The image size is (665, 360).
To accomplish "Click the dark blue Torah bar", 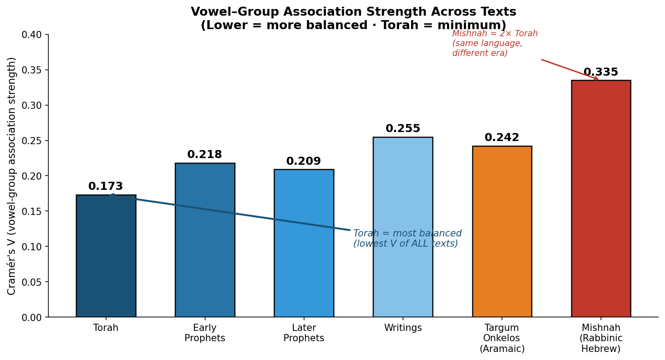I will click(106, 260).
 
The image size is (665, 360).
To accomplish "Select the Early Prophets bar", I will click(205, 242).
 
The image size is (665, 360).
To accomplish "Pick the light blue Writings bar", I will click(403, 228).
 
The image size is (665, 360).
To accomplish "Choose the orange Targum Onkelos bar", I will click(502, 233).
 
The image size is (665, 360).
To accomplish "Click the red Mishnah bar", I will click(601, 201).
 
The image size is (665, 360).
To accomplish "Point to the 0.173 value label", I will click(106, 187).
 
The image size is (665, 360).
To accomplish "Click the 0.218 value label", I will click(205, 155).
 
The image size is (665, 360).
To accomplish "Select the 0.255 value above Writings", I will click(403, 129).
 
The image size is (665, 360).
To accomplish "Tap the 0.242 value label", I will click(502, 138).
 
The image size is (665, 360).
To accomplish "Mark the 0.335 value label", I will click(601, 73).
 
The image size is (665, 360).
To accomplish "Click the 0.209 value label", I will click(304, 162).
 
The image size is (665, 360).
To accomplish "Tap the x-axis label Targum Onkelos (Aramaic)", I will click(502, 339).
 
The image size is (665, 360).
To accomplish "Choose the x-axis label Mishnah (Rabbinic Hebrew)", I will click(601, 339).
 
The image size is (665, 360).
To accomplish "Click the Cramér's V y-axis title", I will click(12, 176).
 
